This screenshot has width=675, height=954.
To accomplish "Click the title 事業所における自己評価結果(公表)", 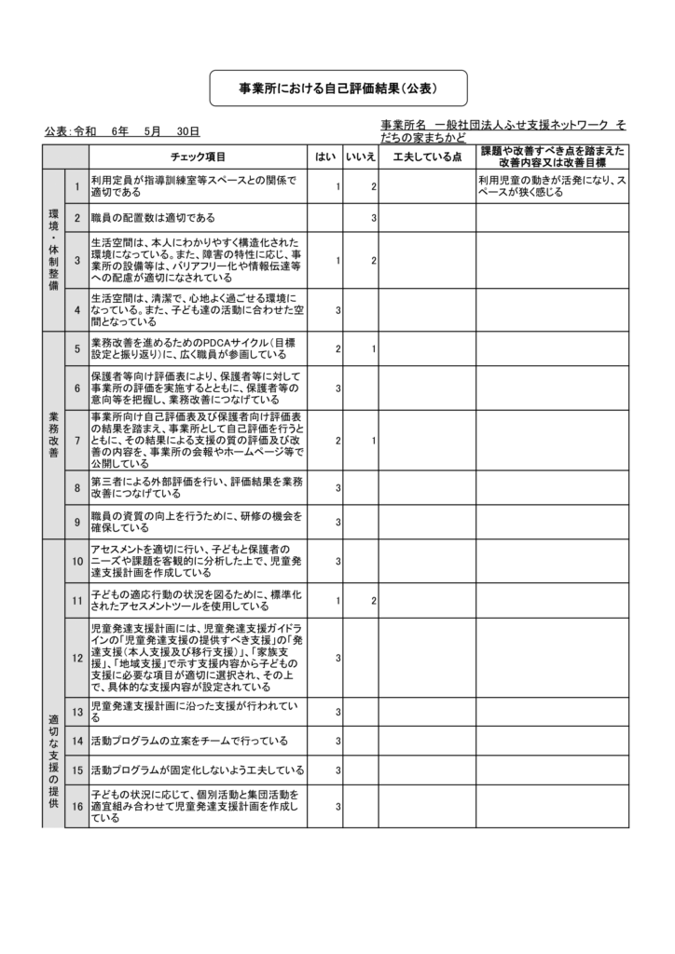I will (x=337, y=89).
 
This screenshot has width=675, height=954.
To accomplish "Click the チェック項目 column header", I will (x=198, y=157).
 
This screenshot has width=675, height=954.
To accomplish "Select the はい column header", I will (x=324, y=157).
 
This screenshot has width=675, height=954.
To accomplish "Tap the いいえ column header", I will (x=360, y=157).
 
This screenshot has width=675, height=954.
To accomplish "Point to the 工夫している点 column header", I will (x=427, y=157).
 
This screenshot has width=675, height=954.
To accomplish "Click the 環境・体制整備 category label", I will (x=53, y=250).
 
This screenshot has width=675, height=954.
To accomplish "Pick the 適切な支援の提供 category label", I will (x=53, y=760).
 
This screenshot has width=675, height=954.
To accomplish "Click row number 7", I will (x=77, y=440).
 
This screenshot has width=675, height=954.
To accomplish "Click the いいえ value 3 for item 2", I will (x=373, y=218).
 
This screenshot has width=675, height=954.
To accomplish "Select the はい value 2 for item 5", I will (x=337, y=348).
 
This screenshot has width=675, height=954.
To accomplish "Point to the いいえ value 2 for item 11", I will (x=373, y=602).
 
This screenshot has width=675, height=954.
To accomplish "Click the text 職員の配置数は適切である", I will (x=153, y=218).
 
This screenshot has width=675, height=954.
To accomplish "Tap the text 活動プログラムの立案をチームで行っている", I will (x=189, y=742).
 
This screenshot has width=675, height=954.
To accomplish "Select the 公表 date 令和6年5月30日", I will (x=122, y=132).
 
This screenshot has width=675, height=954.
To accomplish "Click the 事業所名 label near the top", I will (x=405, y=125).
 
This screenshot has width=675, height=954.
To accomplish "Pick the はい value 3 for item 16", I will (x=337, y=807).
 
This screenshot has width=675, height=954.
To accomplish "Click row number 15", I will (x=77, y=770).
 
